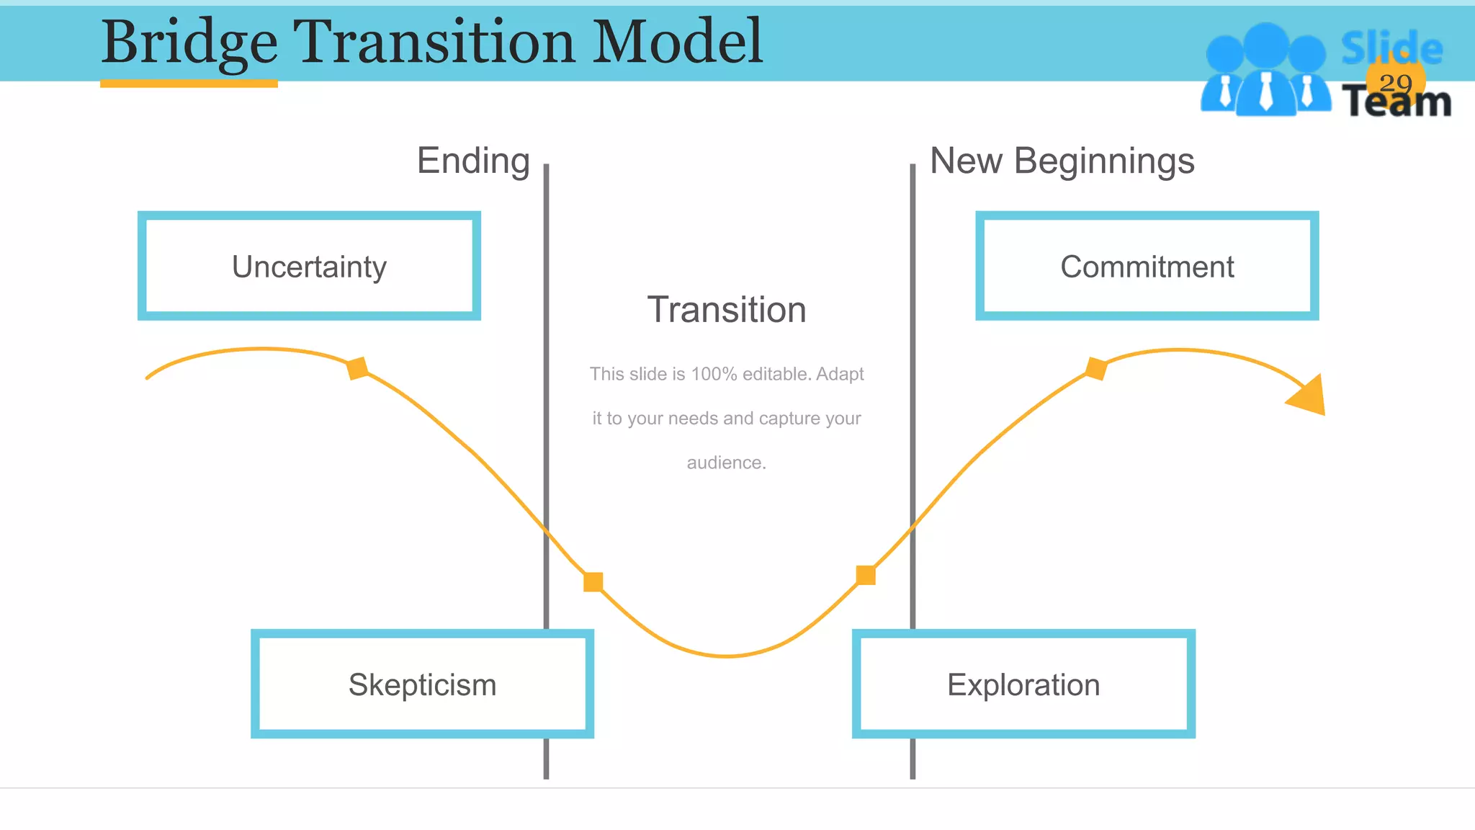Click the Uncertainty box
pos(309,266)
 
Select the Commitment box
pos(1147,266)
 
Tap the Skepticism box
pos(422,684)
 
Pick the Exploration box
pos(1023,684)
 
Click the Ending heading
pos(473,161)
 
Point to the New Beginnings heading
pos(1062,161)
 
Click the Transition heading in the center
pos(726,310)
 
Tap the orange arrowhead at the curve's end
pos(1310,396)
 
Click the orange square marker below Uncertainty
pos(357,367)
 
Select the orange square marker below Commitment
pos(1095,368)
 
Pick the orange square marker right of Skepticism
pos(593,581)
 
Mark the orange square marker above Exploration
pos(866,575)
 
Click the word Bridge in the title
pos(189,42)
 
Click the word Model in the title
pos(677,42)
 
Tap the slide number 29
pos(1395,83)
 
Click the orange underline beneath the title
pos(189,84)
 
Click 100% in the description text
pos(714,374)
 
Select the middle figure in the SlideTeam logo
pos(1265,72)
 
